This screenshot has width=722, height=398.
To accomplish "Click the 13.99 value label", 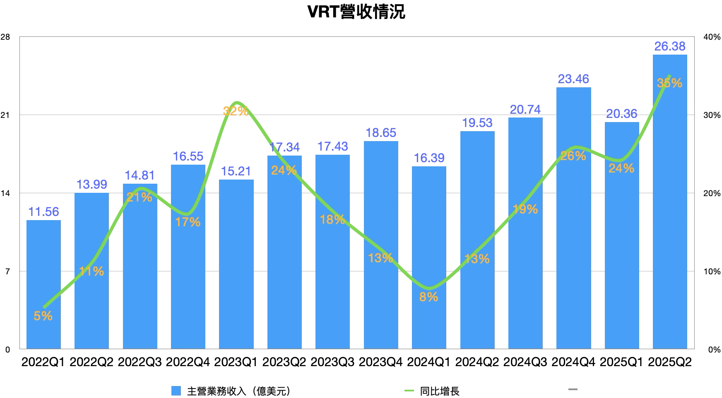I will [92, 185].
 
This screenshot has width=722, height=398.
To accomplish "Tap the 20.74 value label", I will [525, 110].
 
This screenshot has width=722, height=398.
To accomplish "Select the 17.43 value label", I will [333, 146].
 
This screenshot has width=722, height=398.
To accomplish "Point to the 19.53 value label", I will [477, 123].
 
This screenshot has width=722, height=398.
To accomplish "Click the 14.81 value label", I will [140, 175].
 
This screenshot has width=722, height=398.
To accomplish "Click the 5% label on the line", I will [43, 316].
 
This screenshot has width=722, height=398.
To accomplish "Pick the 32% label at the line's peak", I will [236, 111].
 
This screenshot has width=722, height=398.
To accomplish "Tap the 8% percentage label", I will [428, 297].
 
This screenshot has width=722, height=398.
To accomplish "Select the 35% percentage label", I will [669, 84].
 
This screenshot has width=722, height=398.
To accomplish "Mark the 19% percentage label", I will [525, 210].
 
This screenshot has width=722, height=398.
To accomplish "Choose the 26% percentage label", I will [573, 156].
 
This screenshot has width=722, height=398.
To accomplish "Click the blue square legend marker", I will [176, 391].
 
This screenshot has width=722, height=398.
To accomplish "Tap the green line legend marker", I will [409, 390].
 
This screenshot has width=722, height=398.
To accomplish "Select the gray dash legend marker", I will [573, 389].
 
